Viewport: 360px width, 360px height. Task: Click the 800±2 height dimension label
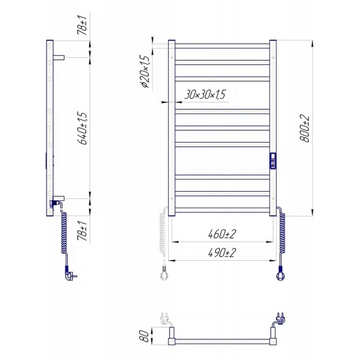click(305, 129)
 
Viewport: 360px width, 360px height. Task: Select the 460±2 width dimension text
click(222, 234)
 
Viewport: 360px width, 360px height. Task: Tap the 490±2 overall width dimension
click(222, 253)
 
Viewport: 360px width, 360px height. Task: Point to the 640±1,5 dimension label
click(83, 128)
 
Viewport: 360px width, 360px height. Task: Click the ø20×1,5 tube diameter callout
click(145, 72)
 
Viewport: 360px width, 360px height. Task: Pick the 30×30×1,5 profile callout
click(205, 94)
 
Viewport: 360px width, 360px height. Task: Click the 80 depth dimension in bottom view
click(145, 336)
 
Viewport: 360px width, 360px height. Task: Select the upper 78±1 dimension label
click(82, 25)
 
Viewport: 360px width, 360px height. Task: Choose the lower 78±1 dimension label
click(82, 231)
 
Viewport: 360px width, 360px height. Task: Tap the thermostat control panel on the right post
click(273, 161)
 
